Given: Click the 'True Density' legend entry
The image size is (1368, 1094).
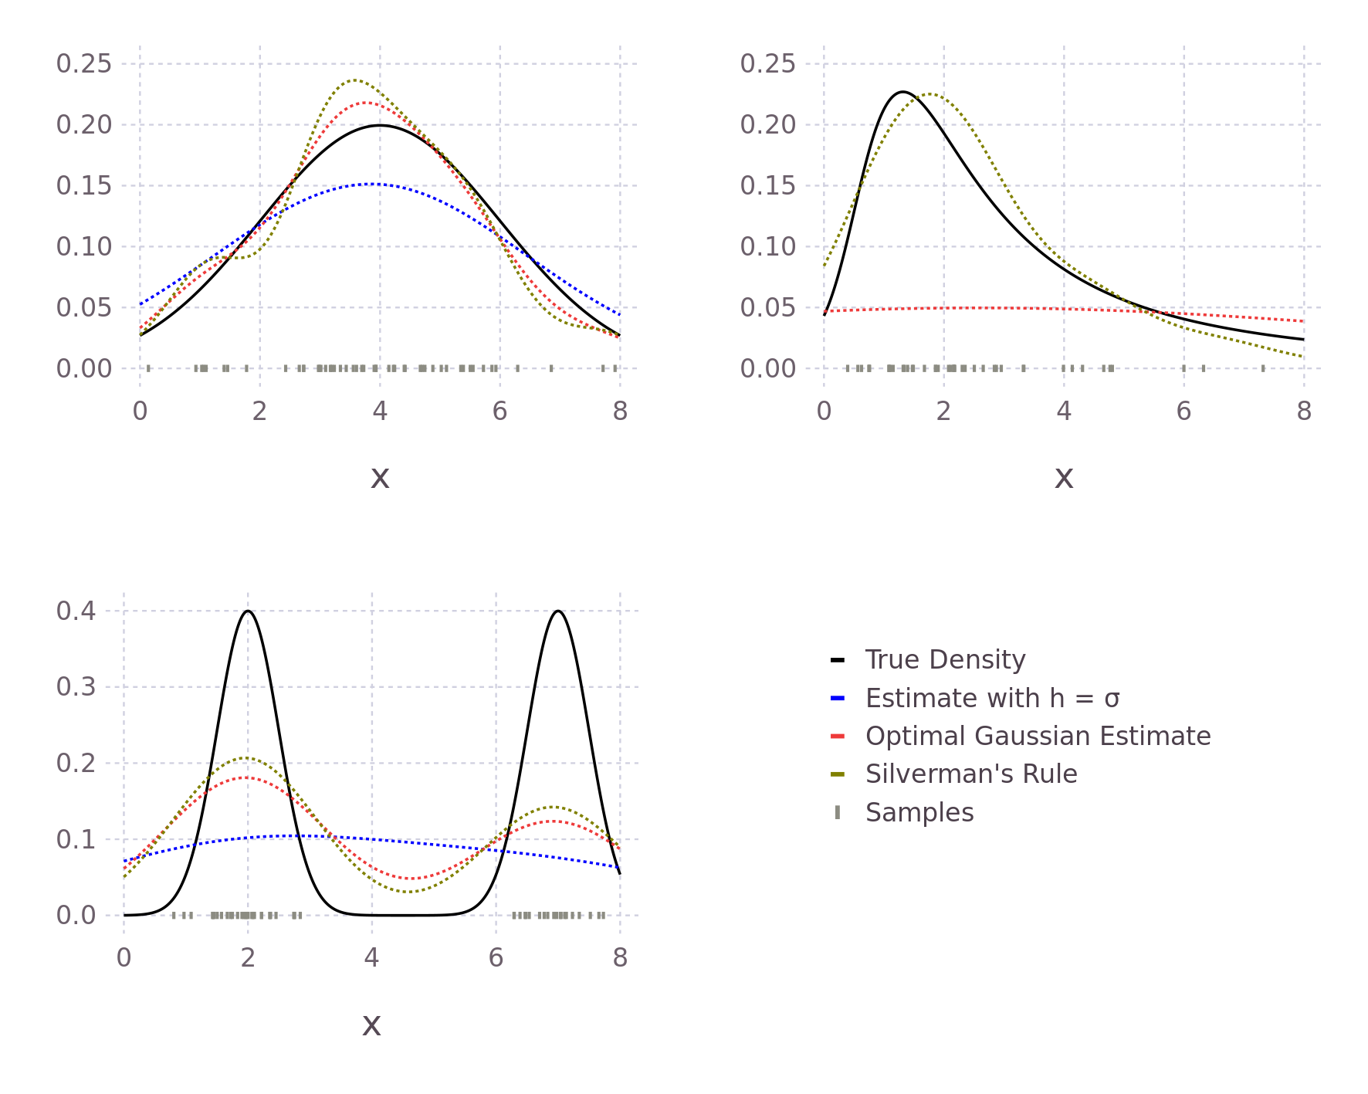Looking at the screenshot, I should click(945, 660).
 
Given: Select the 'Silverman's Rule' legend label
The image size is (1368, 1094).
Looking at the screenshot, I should click(971, 774).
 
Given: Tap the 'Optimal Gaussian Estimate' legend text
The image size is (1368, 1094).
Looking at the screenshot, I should click(1038, 737).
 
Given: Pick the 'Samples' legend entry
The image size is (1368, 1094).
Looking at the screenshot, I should click(919, 813).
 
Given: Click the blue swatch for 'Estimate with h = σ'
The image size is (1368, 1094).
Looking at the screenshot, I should click(838, 699).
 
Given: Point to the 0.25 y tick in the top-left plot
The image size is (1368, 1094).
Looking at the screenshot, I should click(83, 64).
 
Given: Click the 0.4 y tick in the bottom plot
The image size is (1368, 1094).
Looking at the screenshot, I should click(76, 611).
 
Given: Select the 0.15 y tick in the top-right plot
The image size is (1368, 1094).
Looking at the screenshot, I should click(767, 186).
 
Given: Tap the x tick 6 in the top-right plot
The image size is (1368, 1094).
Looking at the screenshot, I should click(1183, 412).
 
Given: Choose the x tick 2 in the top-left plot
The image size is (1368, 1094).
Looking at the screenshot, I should click(259, 412).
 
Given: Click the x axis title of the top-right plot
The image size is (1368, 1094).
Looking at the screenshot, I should click(1064, 478).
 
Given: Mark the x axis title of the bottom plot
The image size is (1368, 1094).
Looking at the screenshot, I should click(371, 1025).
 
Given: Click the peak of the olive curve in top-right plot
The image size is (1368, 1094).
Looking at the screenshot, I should click(931, 94).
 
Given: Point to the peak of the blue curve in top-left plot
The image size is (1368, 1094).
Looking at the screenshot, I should click(372, 184).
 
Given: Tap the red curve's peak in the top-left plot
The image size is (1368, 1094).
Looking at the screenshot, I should click(364, 103).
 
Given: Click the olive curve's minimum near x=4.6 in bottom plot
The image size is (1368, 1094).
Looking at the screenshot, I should click(409, 892).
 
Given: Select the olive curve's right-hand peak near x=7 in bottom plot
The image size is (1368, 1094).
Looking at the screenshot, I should click(554, 807).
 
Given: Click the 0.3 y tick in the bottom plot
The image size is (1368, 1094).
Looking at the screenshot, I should click(76, 687).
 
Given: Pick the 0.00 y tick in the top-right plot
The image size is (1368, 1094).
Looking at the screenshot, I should click(767, 369).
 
